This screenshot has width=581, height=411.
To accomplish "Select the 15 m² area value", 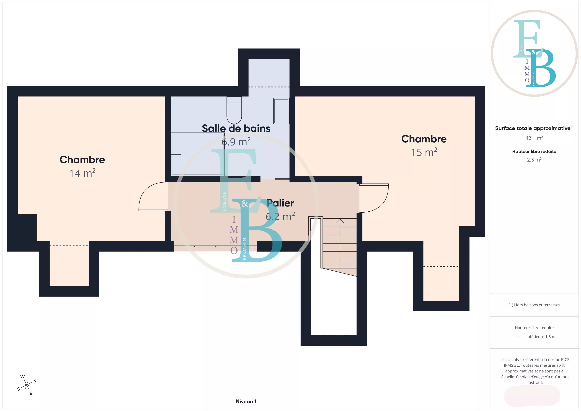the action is [x=424, y=152].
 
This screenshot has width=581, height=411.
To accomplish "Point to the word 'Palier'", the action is [x=280, y=203].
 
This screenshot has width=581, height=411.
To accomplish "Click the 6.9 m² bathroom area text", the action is [x=236, y=142].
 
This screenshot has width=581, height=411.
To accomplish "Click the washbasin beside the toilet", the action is [x=281, y=111].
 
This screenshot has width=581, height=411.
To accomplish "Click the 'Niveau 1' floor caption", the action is [x=246, y=401].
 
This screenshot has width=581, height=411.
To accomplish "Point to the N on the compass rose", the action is [x=35, y=381].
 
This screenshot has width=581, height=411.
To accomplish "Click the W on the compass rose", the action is [x=23, y=377].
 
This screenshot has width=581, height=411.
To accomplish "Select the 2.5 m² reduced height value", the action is [x=534, y=160].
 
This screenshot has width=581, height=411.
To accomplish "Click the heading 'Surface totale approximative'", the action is [x=533, y=128].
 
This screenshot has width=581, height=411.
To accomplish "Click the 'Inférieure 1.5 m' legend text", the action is [x=541, y=337].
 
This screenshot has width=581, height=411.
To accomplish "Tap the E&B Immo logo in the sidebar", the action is [x=534, y=53].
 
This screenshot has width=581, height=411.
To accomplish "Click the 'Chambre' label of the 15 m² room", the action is [x=424, y=139].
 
